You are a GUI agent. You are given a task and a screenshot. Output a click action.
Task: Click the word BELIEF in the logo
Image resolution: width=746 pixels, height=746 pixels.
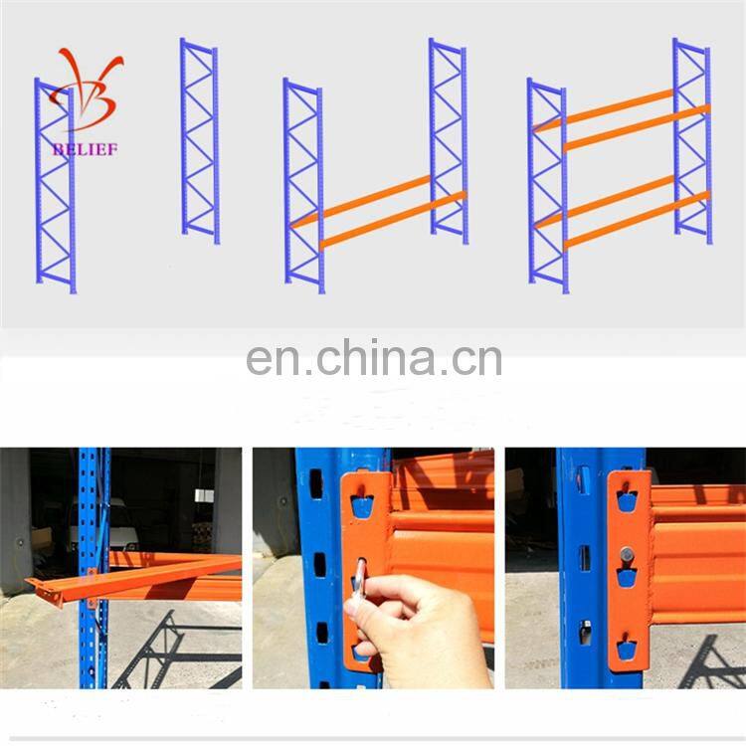tap(86, 149)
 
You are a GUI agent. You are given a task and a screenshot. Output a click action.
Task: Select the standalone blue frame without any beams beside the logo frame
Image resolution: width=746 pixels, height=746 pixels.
tap(199, 139)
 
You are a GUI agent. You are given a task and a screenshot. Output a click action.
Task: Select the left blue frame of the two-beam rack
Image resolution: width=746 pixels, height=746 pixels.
tap(303, 184)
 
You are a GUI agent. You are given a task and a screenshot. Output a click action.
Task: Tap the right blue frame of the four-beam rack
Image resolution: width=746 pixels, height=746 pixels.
tap(692, 139)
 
